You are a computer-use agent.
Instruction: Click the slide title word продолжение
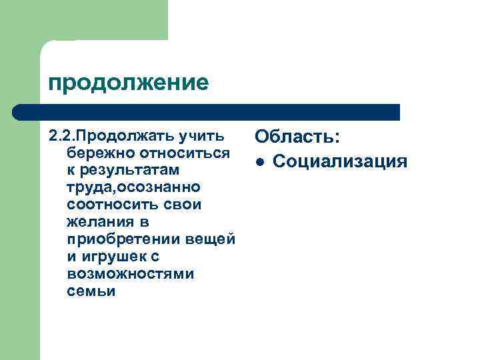[x=128, y=83]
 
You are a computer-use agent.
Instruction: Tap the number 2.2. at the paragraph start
[x=61, y=136]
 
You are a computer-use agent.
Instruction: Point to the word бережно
[x=94, y=153]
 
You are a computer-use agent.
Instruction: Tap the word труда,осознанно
[x=129, y=187]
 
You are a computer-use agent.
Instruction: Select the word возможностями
[x=131, y=274]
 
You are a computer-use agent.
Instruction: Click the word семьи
[x=91, y=291]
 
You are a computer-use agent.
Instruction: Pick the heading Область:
[x=297, y=137]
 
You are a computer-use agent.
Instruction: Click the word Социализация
[x=340, y=161]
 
